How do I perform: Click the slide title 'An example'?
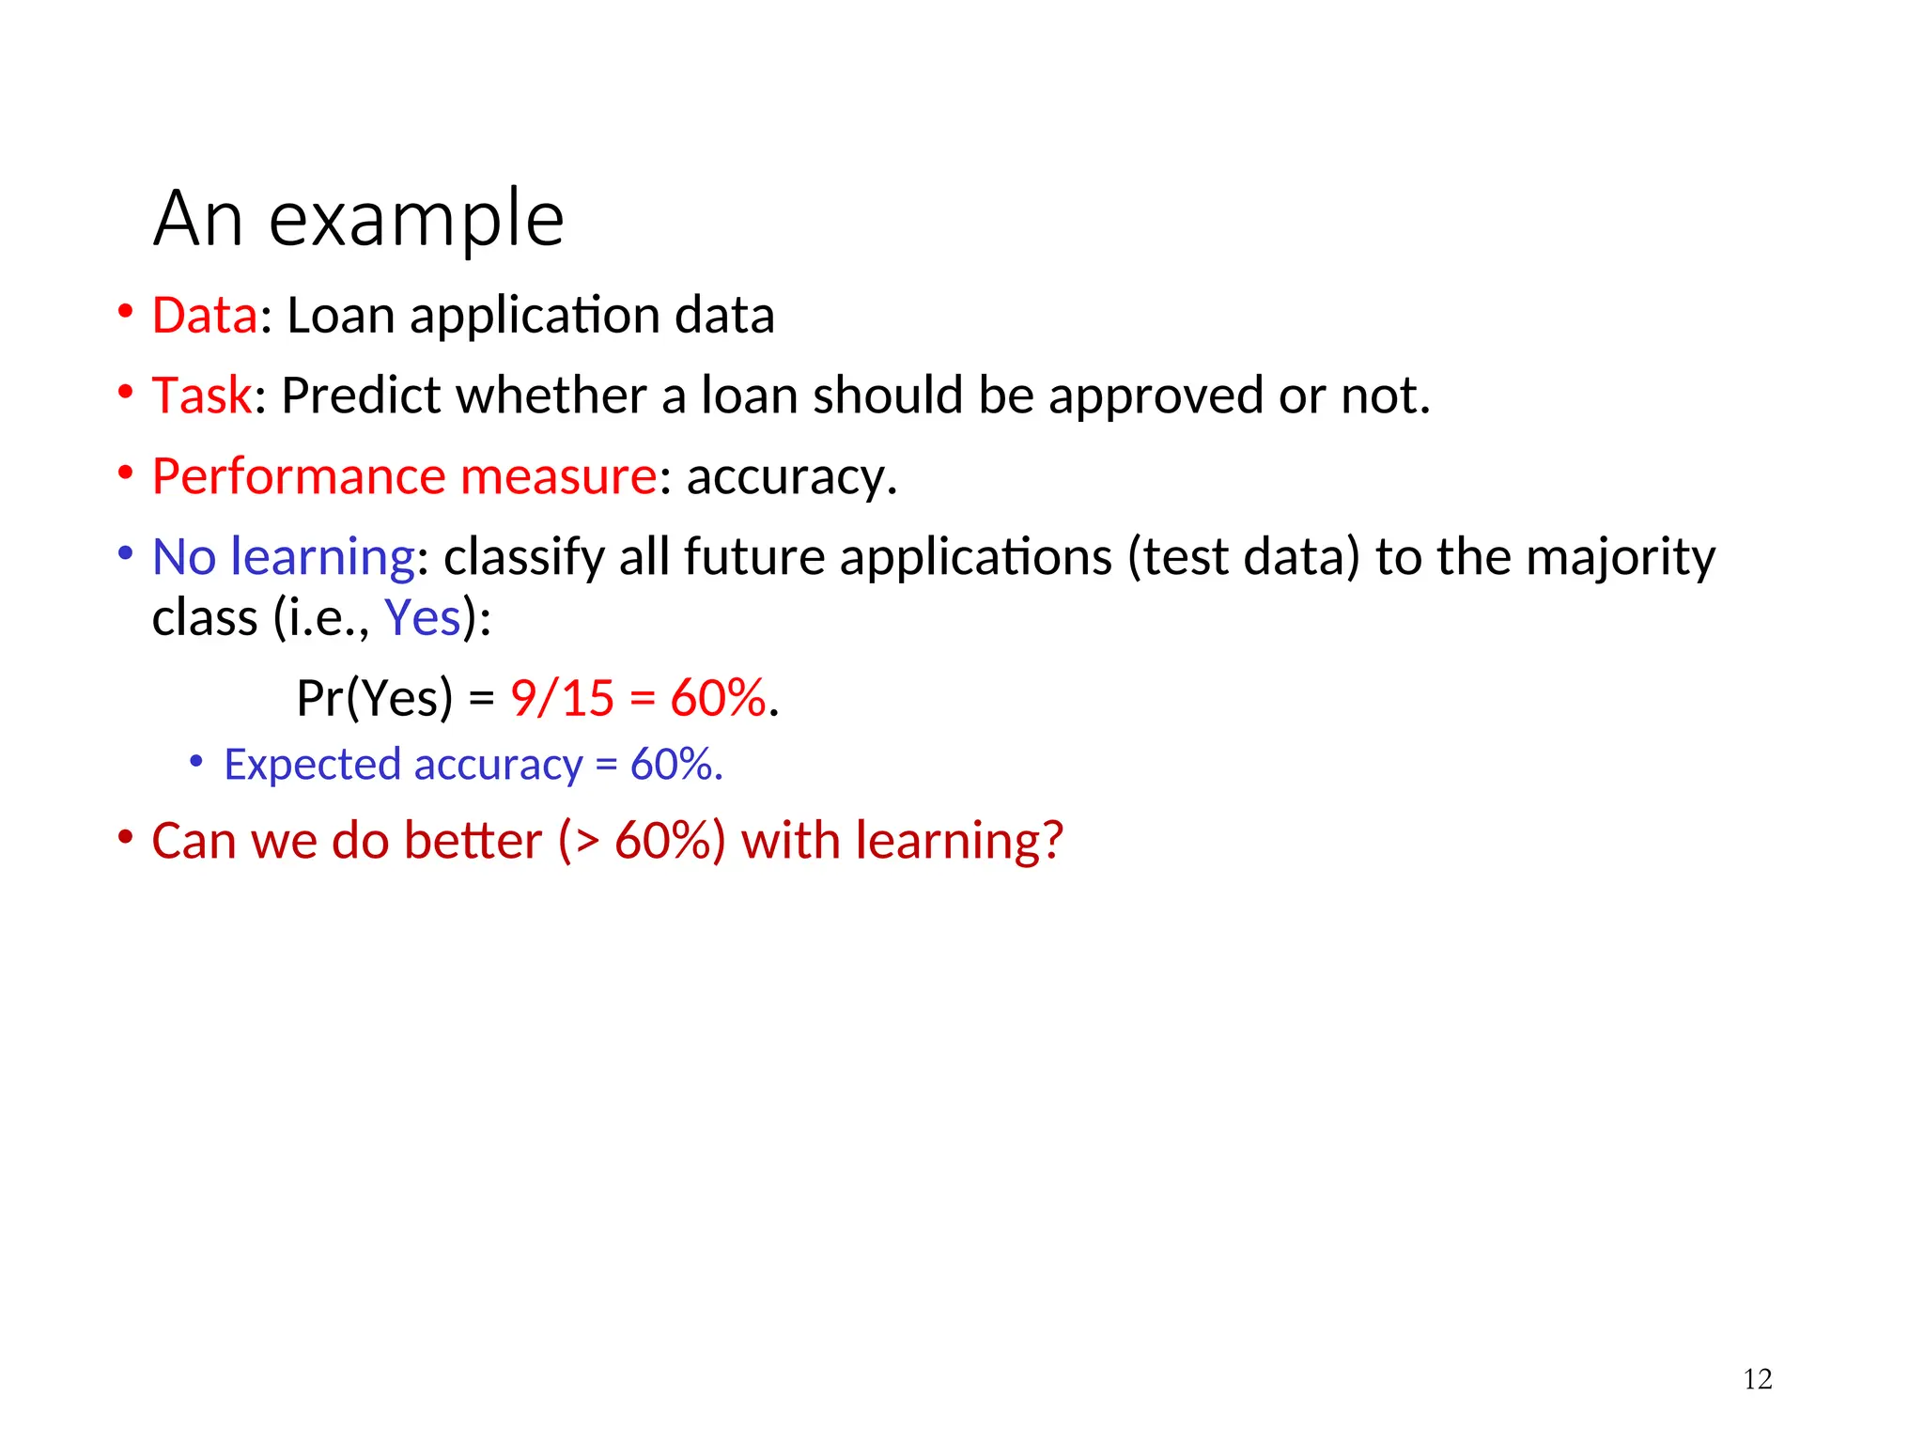(x=358, y=219)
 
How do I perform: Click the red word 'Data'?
(x=204, y=315)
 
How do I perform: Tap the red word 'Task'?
(x=201, y=396)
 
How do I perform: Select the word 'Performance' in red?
(x=298, y=476)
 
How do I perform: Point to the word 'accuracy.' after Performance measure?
(x=792, y=476)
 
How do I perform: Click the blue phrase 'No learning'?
(x=283, y=556)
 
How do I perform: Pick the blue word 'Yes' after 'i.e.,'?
(x=423, y=618)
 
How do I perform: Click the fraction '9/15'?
(x=562, y=698)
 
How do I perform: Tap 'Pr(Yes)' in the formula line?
(x=374, y=698)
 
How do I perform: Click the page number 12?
(x=1757, y=1379)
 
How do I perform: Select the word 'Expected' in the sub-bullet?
(x=312, y=765)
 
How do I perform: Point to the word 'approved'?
(x=1156, y=396)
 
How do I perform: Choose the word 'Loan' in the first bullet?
(x=340, y=315)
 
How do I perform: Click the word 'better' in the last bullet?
(x=473, y=840)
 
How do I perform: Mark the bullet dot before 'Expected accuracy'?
(x=195, y=760)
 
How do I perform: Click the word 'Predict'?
(x=361, y=396)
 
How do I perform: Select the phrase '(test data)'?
(x=1244, y=556)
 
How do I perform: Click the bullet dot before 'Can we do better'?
(x=125, y=835)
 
